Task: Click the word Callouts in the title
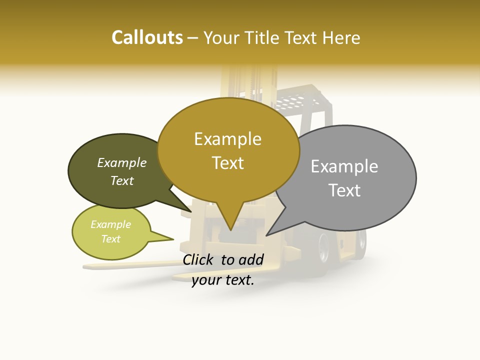point(147,37)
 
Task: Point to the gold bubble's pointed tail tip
point(230,230)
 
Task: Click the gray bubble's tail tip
point(266,235)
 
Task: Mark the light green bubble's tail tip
point(173,239)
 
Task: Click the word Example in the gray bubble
point(344,166)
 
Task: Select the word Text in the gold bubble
point(228,163)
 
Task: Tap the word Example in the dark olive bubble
point(121,162)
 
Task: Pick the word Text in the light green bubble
point(110,239)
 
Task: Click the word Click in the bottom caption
point(199,259)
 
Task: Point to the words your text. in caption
point(223,280)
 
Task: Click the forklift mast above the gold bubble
point(240,82)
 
